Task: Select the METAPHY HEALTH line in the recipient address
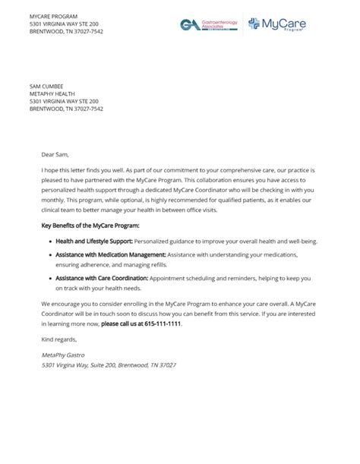[55, 93]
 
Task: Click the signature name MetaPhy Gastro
[62, 355]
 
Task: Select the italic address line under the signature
[109, 365]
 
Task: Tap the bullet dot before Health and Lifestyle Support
[49, 241]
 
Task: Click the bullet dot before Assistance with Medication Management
[49, 255]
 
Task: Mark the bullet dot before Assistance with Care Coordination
[49, 279]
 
